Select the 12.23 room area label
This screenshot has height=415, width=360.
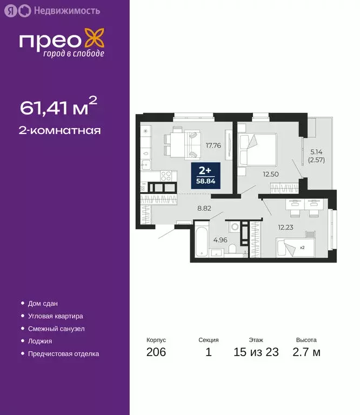286,226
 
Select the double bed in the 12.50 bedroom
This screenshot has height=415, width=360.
257,149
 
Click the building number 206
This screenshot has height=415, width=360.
156,353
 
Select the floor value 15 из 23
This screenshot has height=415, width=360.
256,353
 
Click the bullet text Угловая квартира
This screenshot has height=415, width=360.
56,316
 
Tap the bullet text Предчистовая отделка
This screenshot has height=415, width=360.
63,354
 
